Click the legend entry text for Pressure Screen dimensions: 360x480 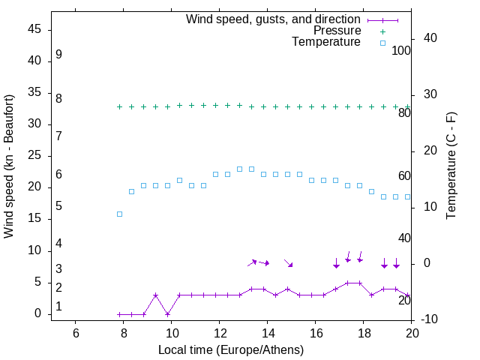[337, 31]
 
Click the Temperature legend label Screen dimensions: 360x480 [326, 42]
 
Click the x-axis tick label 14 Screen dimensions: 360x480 [267, 333]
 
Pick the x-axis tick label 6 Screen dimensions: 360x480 [75, 333]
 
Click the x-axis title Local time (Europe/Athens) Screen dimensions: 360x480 [231, 349]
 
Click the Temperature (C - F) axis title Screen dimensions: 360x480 [451, 166]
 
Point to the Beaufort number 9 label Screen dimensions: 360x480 [58, 55]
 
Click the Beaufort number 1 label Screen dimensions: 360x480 [58, 306]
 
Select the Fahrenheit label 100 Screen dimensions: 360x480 [401, 50]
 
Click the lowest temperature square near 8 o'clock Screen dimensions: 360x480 [119, 214]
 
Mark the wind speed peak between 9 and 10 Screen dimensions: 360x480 [155, 295]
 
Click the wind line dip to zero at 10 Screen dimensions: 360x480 [167, 314]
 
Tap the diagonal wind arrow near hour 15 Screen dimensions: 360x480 [288, 262]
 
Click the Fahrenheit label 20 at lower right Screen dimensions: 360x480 [404, 300]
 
